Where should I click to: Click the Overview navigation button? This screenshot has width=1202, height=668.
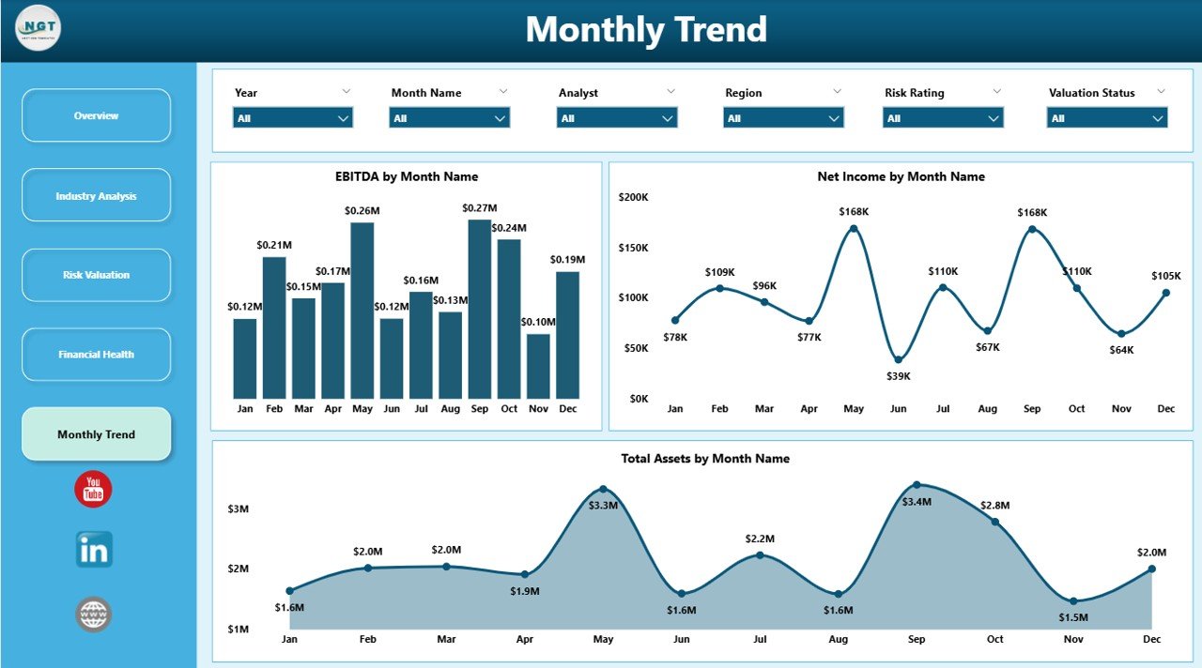96,115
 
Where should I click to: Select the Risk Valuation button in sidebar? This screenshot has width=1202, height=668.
96,275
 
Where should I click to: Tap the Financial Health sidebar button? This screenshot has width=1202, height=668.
96,355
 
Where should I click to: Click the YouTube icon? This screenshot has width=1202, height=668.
93,490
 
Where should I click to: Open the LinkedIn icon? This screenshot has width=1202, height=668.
94,550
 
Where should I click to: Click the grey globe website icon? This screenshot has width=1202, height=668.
94,615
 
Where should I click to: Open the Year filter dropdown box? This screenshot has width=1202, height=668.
292,118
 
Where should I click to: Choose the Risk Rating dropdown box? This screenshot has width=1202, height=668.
943,118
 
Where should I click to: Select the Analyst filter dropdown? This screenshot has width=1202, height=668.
617,118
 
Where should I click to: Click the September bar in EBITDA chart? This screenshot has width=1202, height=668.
480,310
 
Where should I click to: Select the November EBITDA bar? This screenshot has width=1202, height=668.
538,366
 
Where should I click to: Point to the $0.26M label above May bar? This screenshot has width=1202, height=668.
362,211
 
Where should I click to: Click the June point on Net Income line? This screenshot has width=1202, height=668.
898,359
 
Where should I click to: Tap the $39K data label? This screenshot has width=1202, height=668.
898,376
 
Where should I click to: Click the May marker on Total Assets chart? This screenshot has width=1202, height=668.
603,489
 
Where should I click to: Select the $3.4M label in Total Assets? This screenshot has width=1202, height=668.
917,502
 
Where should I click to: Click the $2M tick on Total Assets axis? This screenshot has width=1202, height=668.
238,569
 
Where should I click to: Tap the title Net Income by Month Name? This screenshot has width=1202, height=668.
901,176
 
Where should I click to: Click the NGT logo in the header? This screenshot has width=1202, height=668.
39,28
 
